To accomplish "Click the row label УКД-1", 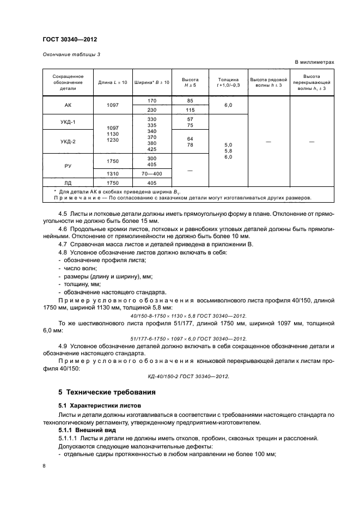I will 68,122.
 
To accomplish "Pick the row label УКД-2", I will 68,142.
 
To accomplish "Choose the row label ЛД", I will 68,183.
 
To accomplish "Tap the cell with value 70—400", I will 151,173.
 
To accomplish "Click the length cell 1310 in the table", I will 113,173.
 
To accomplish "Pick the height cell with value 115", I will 190,110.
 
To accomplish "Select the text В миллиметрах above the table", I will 314,62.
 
